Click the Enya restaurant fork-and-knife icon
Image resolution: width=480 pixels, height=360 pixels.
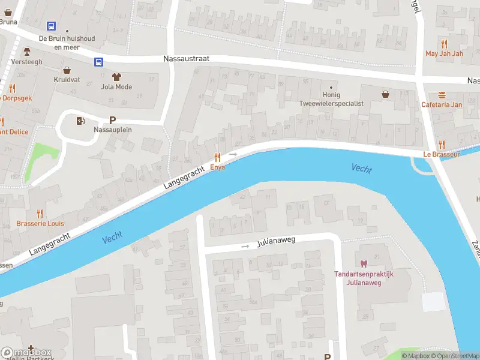point(217,157)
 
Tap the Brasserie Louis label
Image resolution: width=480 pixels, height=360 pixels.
point(40,223)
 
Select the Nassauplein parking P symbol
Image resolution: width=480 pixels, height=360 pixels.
point(112,120)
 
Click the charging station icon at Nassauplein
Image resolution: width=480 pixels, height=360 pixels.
point(80,121)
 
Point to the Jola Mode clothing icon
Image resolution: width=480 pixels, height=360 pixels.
point(116,77)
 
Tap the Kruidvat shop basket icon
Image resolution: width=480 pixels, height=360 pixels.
point(67,70)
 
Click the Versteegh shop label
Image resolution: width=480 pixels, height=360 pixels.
point(27,61)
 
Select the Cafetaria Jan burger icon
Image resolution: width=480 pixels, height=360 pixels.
point(442,95)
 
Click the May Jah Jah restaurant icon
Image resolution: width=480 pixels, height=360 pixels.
point(444,44)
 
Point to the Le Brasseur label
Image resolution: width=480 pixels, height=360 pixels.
point(441,154)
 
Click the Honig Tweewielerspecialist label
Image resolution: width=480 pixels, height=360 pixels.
point(331,99)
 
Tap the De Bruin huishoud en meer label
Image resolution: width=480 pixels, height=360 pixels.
point(67,42)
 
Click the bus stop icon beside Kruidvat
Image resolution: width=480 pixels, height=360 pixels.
point(98,61)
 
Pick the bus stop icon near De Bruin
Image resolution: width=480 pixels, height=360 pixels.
point(52,26)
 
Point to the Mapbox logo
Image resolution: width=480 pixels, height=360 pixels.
point(26,353)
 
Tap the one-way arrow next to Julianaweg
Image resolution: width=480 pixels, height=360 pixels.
point(245,246)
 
